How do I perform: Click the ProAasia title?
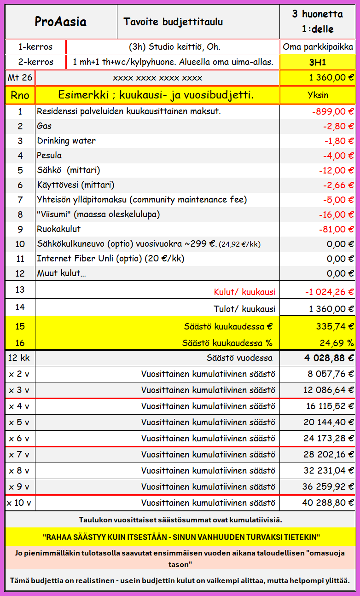click(61, 22)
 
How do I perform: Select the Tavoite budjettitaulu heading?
click(173, 22)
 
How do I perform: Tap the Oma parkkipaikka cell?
click(318, 47)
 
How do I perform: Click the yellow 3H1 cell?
click(318, 62)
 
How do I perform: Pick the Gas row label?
click(44, 126)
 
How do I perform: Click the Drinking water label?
click(66, 141)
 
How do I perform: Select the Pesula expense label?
click(49, 156)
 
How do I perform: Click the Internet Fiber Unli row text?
click(110, 259)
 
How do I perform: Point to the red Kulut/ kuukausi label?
click(244, 292)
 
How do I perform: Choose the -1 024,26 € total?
click(329, 292)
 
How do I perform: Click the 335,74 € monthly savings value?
click(335, 326)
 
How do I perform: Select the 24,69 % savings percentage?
click(337, 343)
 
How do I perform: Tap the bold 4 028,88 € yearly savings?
click(329, 358)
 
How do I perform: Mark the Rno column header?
click(20, 95)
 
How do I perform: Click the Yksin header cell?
click(318, 95)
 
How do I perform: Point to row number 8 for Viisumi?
click(20, 214)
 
